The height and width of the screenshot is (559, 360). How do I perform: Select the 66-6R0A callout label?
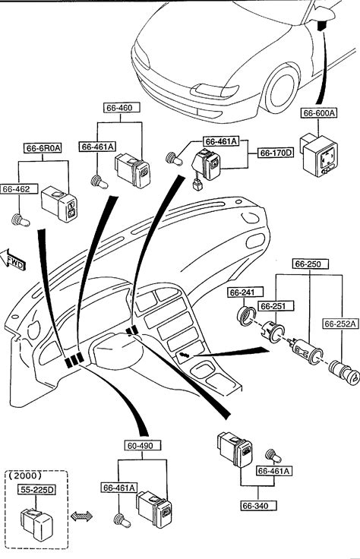43,148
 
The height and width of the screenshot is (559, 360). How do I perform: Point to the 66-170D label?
276,153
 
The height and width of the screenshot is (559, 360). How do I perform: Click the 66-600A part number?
319,113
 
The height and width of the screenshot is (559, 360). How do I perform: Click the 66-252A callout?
341,324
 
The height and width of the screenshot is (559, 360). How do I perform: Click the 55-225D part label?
36,490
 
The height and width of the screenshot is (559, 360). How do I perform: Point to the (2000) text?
25,475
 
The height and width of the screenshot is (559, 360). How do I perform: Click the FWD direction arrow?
12,259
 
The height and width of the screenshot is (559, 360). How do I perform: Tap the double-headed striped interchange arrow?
81,516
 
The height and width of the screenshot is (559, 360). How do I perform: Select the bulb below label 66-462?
21,220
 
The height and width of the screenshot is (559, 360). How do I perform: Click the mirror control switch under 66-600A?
319,155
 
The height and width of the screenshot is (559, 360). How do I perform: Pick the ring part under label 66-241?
247,316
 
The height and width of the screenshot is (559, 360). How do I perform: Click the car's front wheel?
281,88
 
